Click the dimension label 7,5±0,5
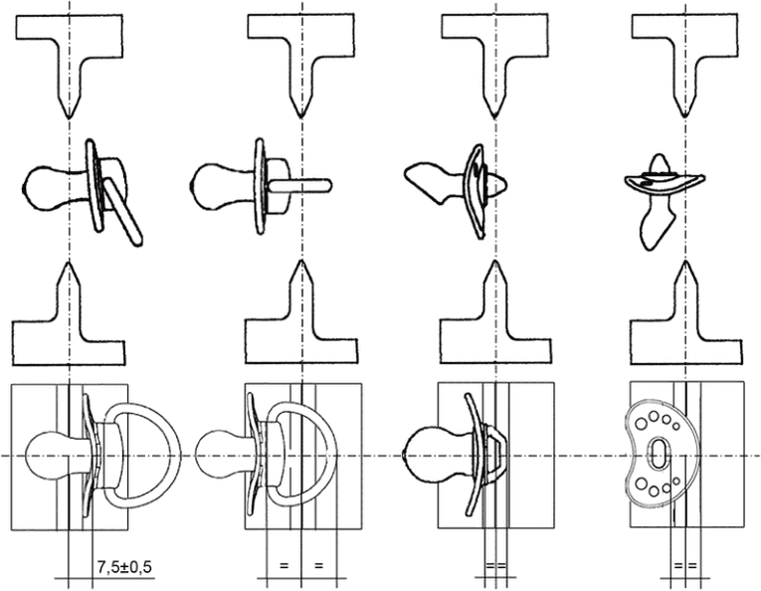click(124, 566)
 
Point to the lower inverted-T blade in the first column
click(69, 335)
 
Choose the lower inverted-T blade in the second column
click(301, 335)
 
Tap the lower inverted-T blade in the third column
click(495, 335)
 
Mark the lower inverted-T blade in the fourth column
click(685, 335)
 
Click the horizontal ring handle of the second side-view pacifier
click(300, 184)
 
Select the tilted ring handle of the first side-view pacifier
click(122, 210)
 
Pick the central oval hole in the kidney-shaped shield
click(658, 454)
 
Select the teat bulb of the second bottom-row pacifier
click(214, 453)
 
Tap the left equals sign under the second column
click(284, 566)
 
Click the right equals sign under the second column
click(318, 566)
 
